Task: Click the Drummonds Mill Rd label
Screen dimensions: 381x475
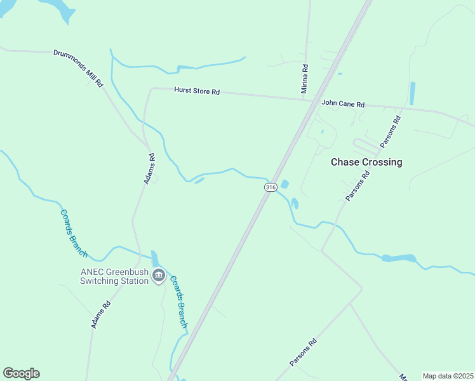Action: coord(79,69)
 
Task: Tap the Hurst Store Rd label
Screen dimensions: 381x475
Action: coord(197,91)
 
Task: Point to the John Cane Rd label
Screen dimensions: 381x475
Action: coord(343,104)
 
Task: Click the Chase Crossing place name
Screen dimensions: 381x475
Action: coord(366,162)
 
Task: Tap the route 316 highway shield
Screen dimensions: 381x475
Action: coord(271,187)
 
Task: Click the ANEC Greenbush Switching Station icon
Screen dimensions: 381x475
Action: coord(158,277)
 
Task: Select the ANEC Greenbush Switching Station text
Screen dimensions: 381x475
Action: coord(114,277)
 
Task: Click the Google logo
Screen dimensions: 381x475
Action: coord(21,373)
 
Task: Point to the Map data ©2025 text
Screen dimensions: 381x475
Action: coord(448,376)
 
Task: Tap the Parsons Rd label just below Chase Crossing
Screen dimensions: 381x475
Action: coord(358,186)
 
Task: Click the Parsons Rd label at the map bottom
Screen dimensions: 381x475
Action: coord(303,352)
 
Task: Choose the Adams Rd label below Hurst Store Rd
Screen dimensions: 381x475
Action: coord(149,169)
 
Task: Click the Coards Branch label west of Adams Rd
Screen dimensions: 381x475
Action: coord(74,232)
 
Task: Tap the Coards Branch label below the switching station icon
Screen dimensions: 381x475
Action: coord(179,304)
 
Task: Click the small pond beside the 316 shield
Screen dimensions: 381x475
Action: coord(284,184)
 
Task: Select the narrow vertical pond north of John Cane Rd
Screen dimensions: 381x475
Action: coord(413,93)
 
